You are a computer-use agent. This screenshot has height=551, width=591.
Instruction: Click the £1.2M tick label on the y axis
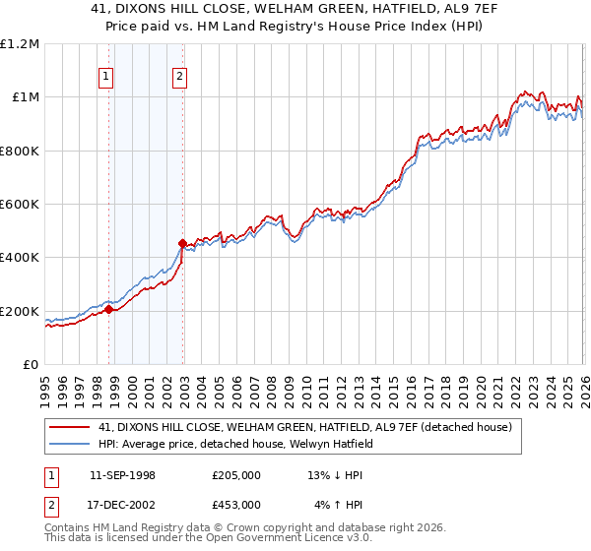click(x=20, y=44)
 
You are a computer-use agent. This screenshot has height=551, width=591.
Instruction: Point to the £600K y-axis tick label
click(x=20, y=205)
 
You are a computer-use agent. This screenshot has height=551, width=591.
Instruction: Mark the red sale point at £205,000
click(x=109, y=310)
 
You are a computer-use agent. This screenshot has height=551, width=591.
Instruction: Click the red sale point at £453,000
click(x=183, y=243)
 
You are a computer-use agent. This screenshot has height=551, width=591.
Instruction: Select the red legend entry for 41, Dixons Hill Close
click(x=304, y=427)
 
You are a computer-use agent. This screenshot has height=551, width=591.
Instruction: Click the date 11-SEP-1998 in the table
click(x=124, y=475)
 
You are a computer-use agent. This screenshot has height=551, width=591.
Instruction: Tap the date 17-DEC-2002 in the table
click(x=124, y=504)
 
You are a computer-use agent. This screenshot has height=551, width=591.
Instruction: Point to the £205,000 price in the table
click(x=236, y=475)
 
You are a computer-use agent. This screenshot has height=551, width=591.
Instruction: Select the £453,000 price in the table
click(x=236, y=504)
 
